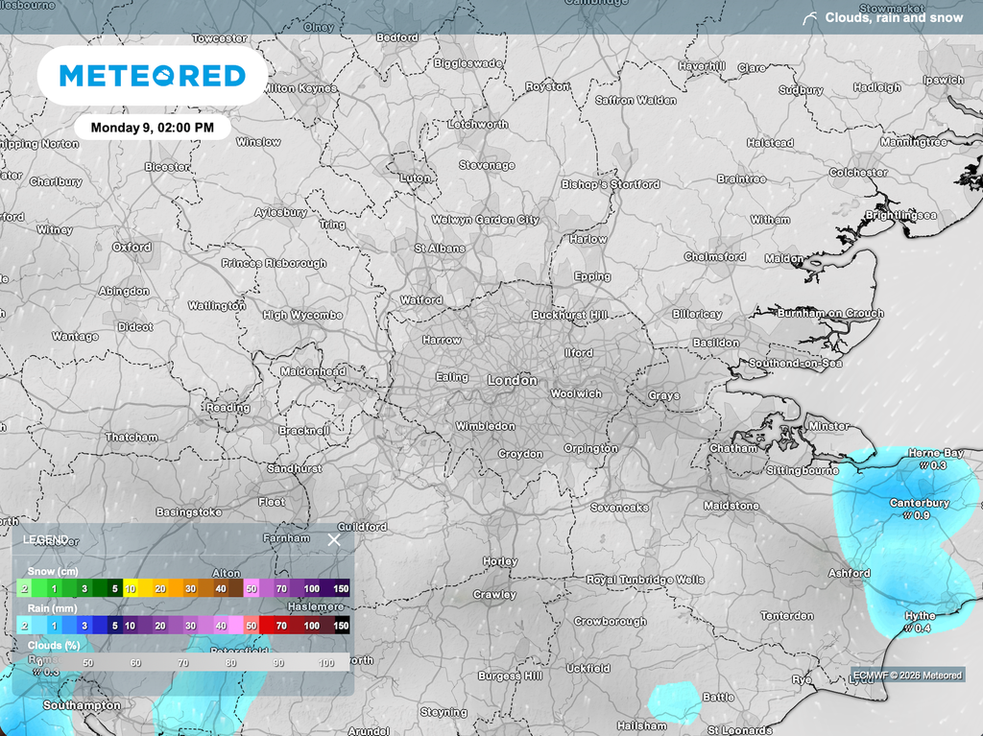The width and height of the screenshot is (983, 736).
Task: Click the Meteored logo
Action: click(x=152, y=76)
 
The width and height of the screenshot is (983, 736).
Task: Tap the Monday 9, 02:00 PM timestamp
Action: click(x=152, y=127)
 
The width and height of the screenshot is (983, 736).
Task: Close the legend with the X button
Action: click(x=334, y=539)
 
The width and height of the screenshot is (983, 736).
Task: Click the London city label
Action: click(x=512, y=380)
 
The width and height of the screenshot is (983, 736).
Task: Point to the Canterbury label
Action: click(x=919, y=503)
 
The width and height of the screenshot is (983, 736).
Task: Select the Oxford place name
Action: click(x=132, y=247)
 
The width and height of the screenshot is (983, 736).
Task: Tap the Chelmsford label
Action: click(x=714, y=257)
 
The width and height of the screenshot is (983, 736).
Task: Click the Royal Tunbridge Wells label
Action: click(x=645, y=580)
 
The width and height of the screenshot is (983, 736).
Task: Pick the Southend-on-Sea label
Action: click(x=795, y=364)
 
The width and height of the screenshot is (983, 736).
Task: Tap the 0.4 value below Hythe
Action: click(x=920, y=629)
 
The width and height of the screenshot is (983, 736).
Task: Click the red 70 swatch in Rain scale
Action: click(x=281, y=626)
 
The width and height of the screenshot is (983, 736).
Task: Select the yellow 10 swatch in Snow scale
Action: click(x=130, y=588)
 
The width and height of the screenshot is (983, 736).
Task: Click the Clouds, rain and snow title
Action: click(x=894, y=17)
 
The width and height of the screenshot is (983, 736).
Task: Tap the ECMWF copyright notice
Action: click(x=907, y=676)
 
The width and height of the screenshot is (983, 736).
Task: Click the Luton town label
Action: click(x=415, y=178)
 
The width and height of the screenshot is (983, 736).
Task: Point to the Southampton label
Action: click(x=82, y=705)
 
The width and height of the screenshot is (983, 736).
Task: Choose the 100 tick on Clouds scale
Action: click(x=325, y=663)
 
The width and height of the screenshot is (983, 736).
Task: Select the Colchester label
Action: click(x=858, y=173)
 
